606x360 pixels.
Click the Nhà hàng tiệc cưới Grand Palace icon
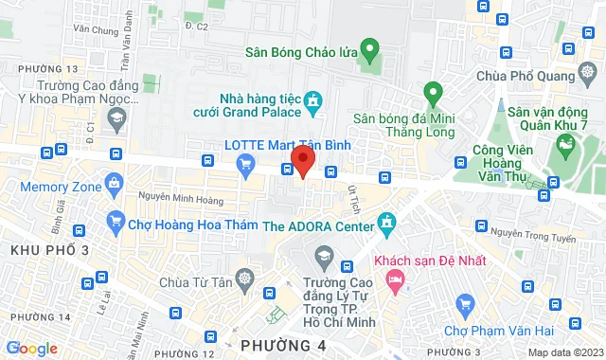[x=316, y=100]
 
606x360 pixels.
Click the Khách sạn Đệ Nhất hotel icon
[x=395, y=279]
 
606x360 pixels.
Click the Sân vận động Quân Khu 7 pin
[x=565, y=145]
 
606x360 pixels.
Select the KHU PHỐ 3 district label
[x=49, y=250]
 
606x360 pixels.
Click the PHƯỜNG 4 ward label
[x=283, y=345]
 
